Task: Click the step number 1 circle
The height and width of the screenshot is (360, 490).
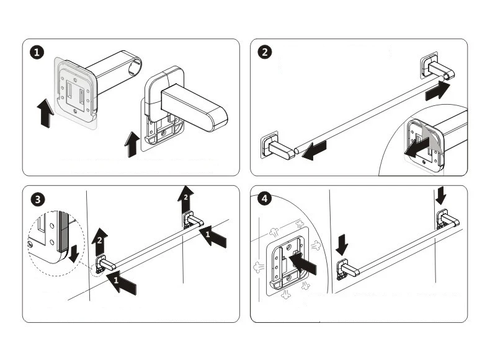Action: (x=38, y=53)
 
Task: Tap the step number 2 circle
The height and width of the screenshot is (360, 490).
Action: (x=265, y=53)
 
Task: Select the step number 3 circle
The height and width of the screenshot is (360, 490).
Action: (x=38, y=200)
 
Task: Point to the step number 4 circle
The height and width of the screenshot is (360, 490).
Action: (x=265, y=200)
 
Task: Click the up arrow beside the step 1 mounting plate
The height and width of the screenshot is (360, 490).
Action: (x=44, y=114)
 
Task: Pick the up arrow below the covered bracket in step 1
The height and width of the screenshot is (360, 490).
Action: (x=131, y=145)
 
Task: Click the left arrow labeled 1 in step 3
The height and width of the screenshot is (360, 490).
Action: (x=123, y=284)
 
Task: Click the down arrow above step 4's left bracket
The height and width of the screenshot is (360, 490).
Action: (x=342, y=245)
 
